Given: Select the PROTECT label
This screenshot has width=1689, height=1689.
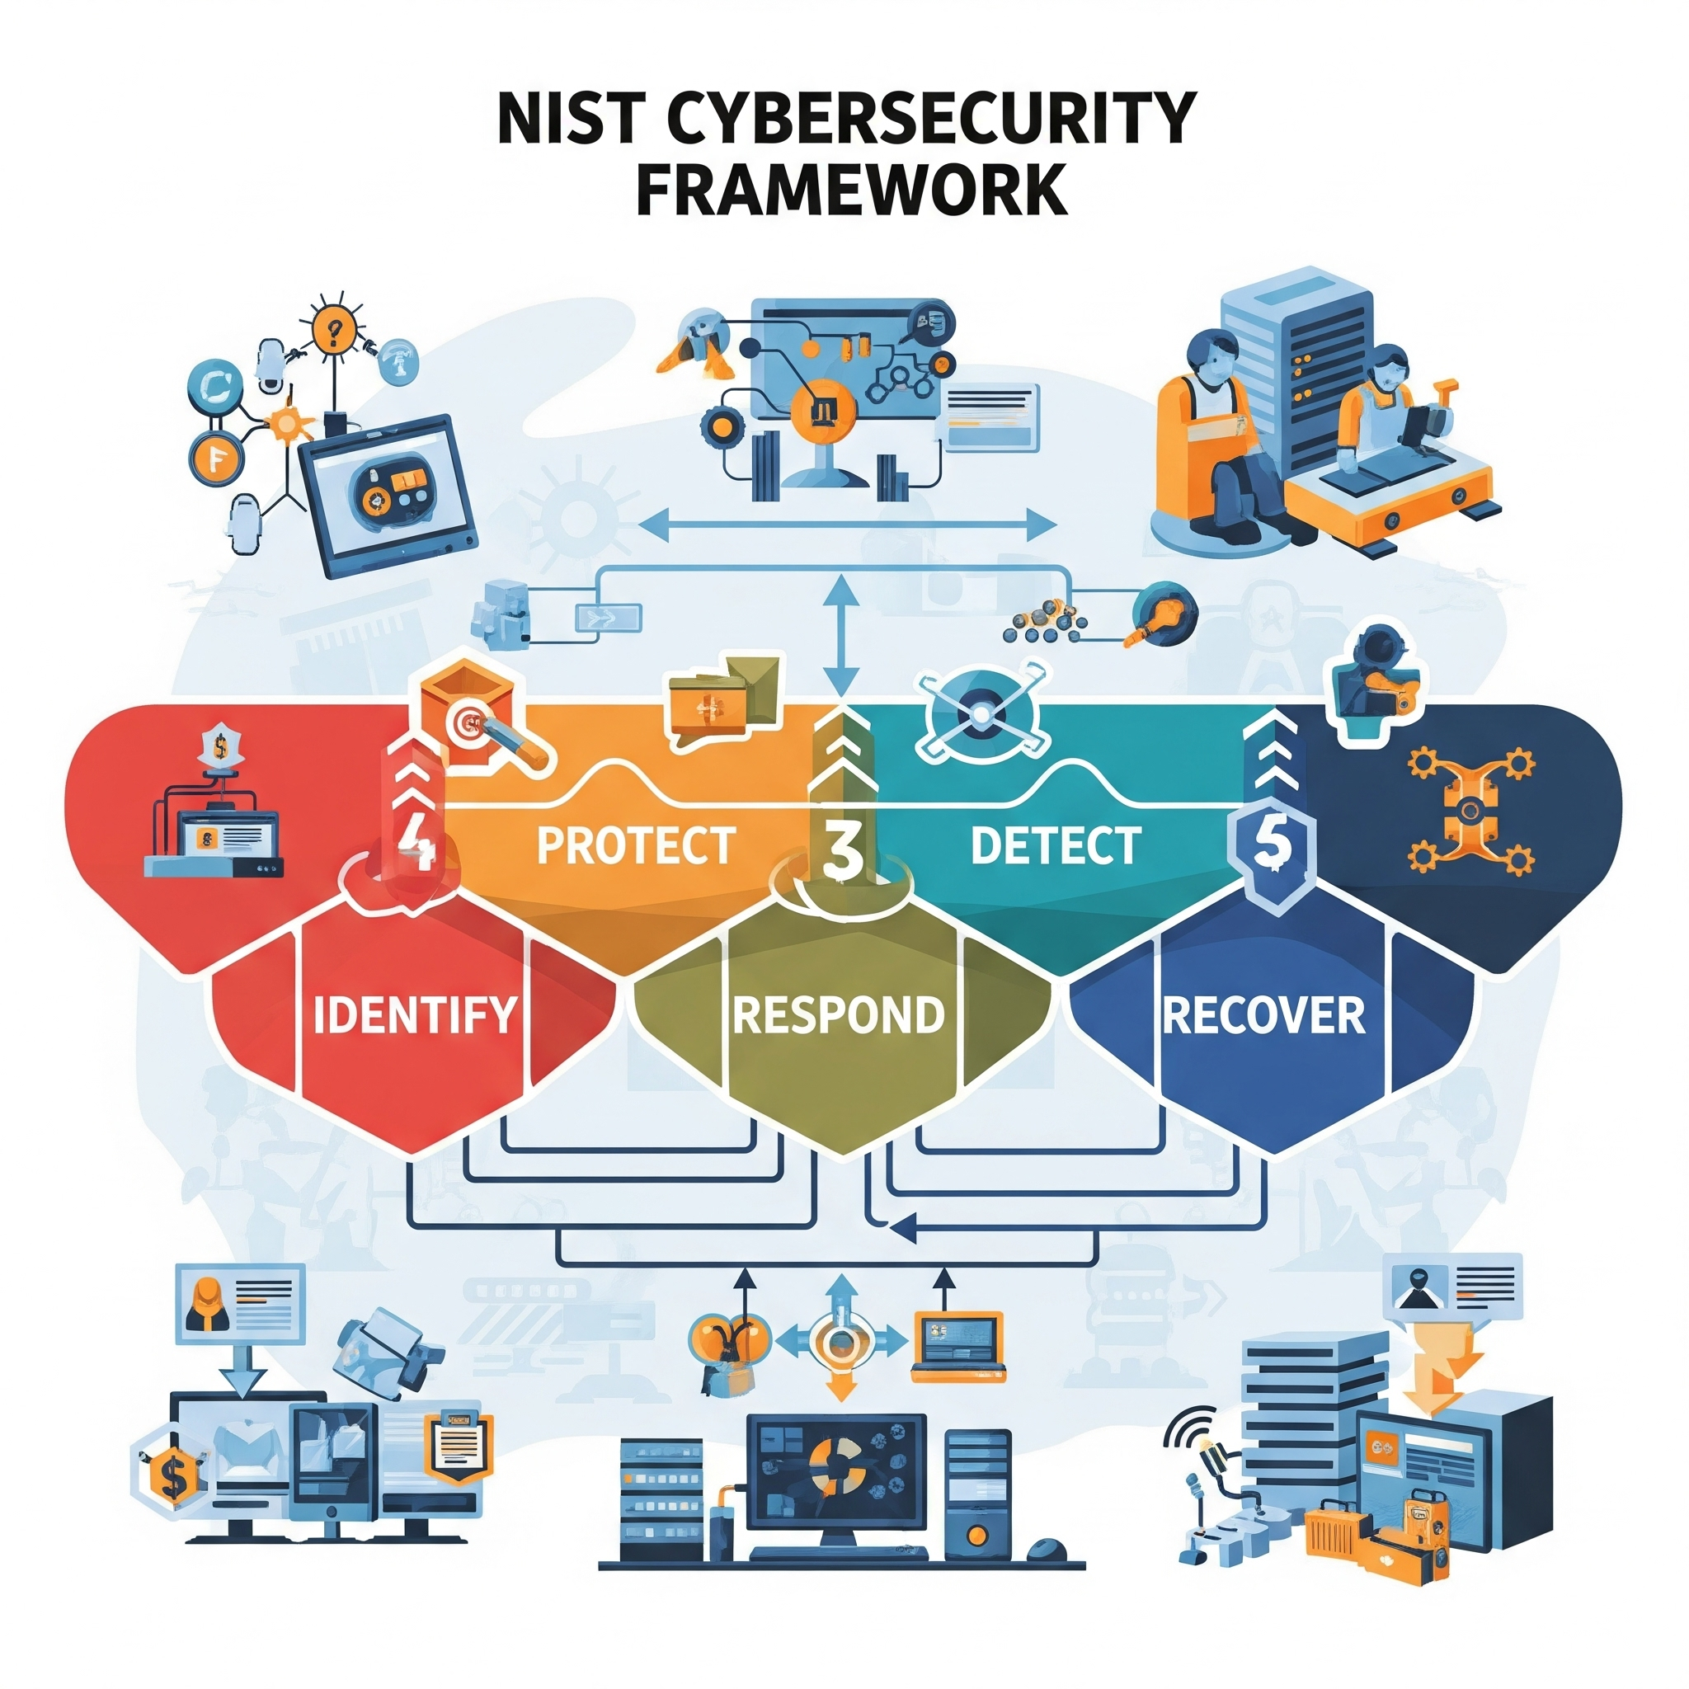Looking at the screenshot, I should click(636, 845).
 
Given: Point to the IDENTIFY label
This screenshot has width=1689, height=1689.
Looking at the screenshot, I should click(414, 1014).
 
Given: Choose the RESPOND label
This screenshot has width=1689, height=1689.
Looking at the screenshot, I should click(839, 1014).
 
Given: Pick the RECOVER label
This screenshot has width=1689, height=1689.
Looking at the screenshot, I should click(1263, 1014).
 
